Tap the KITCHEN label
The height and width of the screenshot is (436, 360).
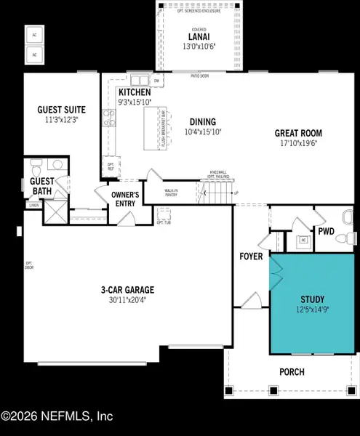coord(135,93)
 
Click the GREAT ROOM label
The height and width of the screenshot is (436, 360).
coord(298,133)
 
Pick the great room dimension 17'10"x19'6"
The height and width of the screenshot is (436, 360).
coord(298,143)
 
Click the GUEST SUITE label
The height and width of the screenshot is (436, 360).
coord(62,110)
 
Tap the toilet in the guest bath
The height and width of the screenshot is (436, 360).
coord(36,169)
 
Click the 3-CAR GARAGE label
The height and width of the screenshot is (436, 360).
coord(128,289)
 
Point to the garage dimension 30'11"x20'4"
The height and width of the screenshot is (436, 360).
coord(128,299)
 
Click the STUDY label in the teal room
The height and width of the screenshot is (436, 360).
coord(313,299)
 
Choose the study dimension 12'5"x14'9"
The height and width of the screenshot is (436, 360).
coord(313,310)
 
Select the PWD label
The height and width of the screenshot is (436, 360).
coord(326,232)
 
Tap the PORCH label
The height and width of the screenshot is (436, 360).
coord(292,372)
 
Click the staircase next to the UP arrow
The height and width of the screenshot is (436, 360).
coord(216,192)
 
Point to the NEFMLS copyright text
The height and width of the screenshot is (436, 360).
coord(57,416)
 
